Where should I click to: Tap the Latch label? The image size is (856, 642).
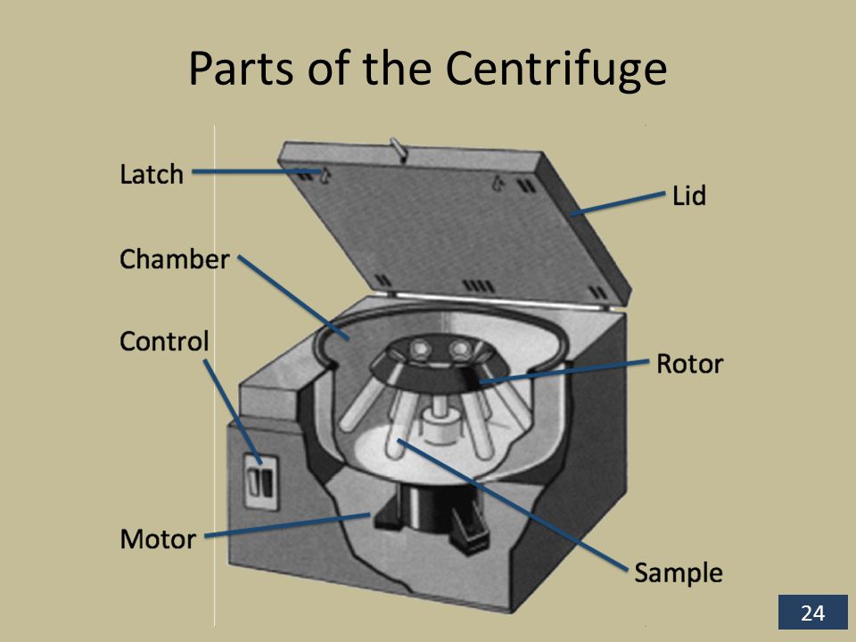click(152, 174)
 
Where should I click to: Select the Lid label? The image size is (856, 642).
click(688, 196)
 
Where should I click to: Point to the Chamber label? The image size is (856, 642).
click(175, 259)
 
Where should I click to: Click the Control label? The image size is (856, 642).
click(164, 341)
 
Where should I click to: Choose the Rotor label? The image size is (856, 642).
click(689, 364)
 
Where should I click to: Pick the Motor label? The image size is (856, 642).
click(157, 539)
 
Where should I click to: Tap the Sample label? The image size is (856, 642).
click(678, 572)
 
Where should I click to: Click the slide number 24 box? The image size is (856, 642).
click(811, 613)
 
